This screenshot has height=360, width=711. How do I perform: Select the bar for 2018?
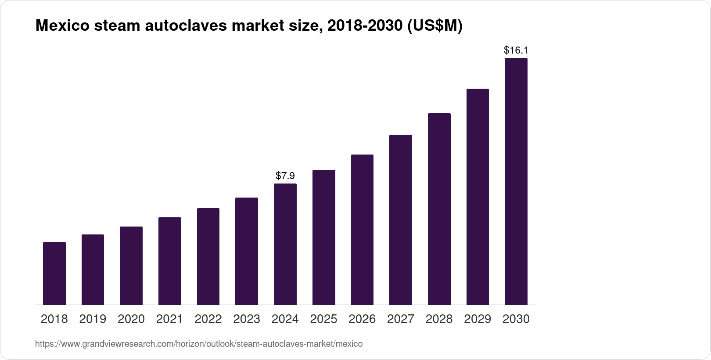tap(54, 273)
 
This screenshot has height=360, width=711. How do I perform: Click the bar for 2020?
tap(131, 266)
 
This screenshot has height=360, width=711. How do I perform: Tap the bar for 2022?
tap(208, 256)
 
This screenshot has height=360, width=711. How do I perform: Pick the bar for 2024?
tap(285, 244)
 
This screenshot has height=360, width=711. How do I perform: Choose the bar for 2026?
tap(362, 230)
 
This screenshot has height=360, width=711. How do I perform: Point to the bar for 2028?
tap(439, 209)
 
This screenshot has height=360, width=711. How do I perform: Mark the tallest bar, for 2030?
tap(516, 181)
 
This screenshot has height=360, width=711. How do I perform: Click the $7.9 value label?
tap(285, 176)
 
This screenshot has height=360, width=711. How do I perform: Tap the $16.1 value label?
tap(516, 50)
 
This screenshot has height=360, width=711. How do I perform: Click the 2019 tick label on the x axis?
tap(93, 319)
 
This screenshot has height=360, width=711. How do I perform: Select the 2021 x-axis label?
tap(170, 319)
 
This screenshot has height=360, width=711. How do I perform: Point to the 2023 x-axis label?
tap(247, 319)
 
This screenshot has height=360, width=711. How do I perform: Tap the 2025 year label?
tap(324, 319)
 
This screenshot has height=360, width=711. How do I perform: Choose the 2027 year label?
tap(401, 319)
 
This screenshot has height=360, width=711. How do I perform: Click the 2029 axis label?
tap(478, 319)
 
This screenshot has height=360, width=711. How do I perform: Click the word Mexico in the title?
tap(61, 26)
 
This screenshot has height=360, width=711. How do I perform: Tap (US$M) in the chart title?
tap(435, 26)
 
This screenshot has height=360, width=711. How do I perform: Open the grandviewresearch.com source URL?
tap(199, 344)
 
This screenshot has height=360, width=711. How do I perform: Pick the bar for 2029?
tap(478, 197)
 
